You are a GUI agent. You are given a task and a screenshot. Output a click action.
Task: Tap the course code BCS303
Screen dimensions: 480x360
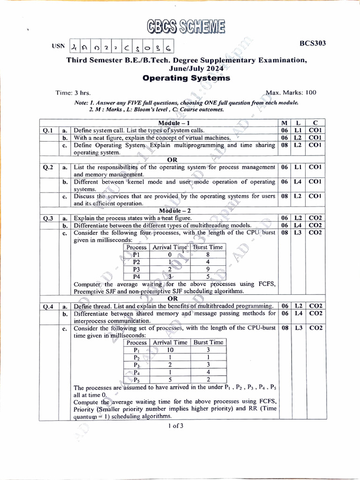[x=313, y=43]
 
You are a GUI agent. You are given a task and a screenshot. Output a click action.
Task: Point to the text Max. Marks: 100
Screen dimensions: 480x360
[x=291, y=92]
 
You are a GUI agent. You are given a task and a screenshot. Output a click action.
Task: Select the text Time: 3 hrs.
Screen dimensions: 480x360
[x=73, y=93]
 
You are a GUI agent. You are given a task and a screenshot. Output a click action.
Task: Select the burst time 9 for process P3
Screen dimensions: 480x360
[x=207, y=270]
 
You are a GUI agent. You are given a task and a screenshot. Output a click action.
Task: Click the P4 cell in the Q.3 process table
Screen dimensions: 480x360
[x=136, y=277]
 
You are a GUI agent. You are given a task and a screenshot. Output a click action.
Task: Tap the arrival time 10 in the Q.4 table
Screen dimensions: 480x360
[x=170, y=350]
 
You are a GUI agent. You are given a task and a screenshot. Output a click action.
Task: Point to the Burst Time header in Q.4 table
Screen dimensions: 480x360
[x=208, y=343]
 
